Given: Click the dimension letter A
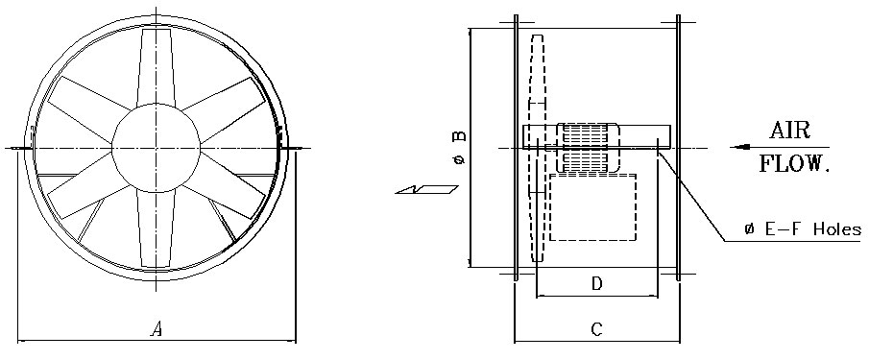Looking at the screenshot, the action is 157,330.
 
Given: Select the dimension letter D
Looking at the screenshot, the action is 597,284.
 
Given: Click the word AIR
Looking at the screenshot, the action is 789,131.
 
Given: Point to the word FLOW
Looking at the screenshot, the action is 794,164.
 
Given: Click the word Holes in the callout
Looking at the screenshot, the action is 837,229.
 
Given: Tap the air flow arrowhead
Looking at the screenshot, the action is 740,147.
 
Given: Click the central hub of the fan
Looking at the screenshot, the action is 156,148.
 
